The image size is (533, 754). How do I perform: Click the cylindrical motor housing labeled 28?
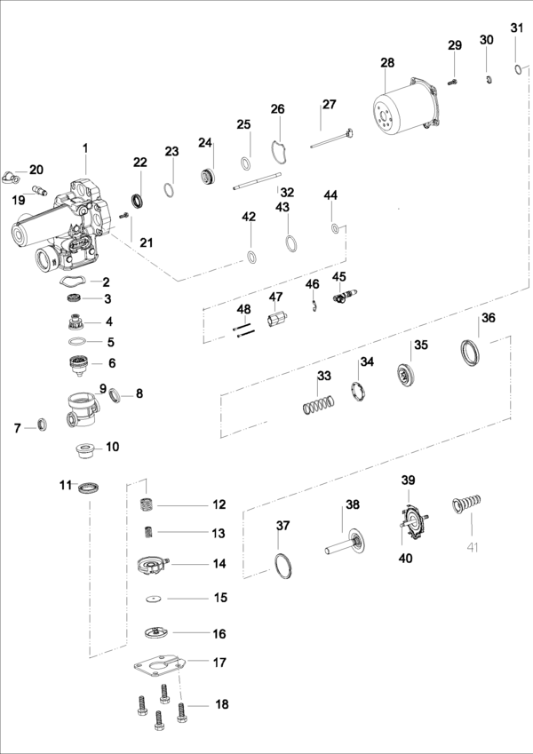click(x=405, y=106)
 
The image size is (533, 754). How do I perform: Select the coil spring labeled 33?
click(x=319, y=404)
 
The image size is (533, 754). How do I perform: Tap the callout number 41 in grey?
click(x=473, y=547)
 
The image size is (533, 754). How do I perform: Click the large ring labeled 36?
click(x=471, y=353)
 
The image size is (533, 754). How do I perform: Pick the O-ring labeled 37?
click(x=283, y=566)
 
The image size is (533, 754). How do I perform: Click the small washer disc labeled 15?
click(x=154, y=599)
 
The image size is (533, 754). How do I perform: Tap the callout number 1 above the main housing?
click(x=85, y=148)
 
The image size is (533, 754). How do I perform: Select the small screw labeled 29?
click(x=451, y=83)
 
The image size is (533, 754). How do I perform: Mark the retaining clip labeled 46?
click(x=313, y=306)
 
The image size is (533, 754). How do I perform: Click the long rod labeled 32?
click(x=257, y=181)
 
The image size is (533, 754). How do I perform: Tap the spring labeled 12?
click(x=147, y=505)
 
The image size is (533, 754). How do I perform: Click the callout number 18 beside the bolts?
click(x=221, y=704)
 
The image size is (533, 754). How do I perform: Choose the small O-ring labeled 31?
click(x=517, y=70)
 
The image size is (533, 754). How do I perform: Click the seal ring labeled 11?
click(x=89, y=487)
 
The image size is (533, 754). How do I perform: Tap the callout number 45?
click(x=339, y=276)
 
